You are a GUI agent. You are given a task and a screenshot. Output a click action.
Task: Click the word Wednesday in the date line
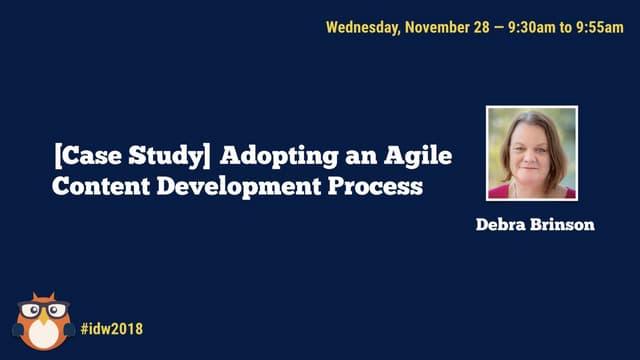tap(362, 27)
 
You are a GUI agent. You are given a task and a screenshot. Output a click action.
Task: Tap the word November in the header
tap(436, 27)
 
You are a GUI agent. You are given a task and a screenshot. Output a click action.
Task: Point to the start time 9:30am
tap(534, 27)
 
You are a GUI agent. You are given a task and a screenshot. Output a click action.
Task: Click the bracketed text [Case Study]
tap(133, 156)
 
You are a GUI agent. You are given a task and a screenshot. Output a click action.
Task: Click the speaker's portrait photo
tap(531, 153)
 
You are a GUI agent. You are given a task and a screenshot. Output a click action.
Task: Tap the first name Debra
tap(502, 224)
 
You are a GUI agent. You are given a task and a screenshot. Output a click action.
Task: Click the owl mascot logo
tap(41, 322)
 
